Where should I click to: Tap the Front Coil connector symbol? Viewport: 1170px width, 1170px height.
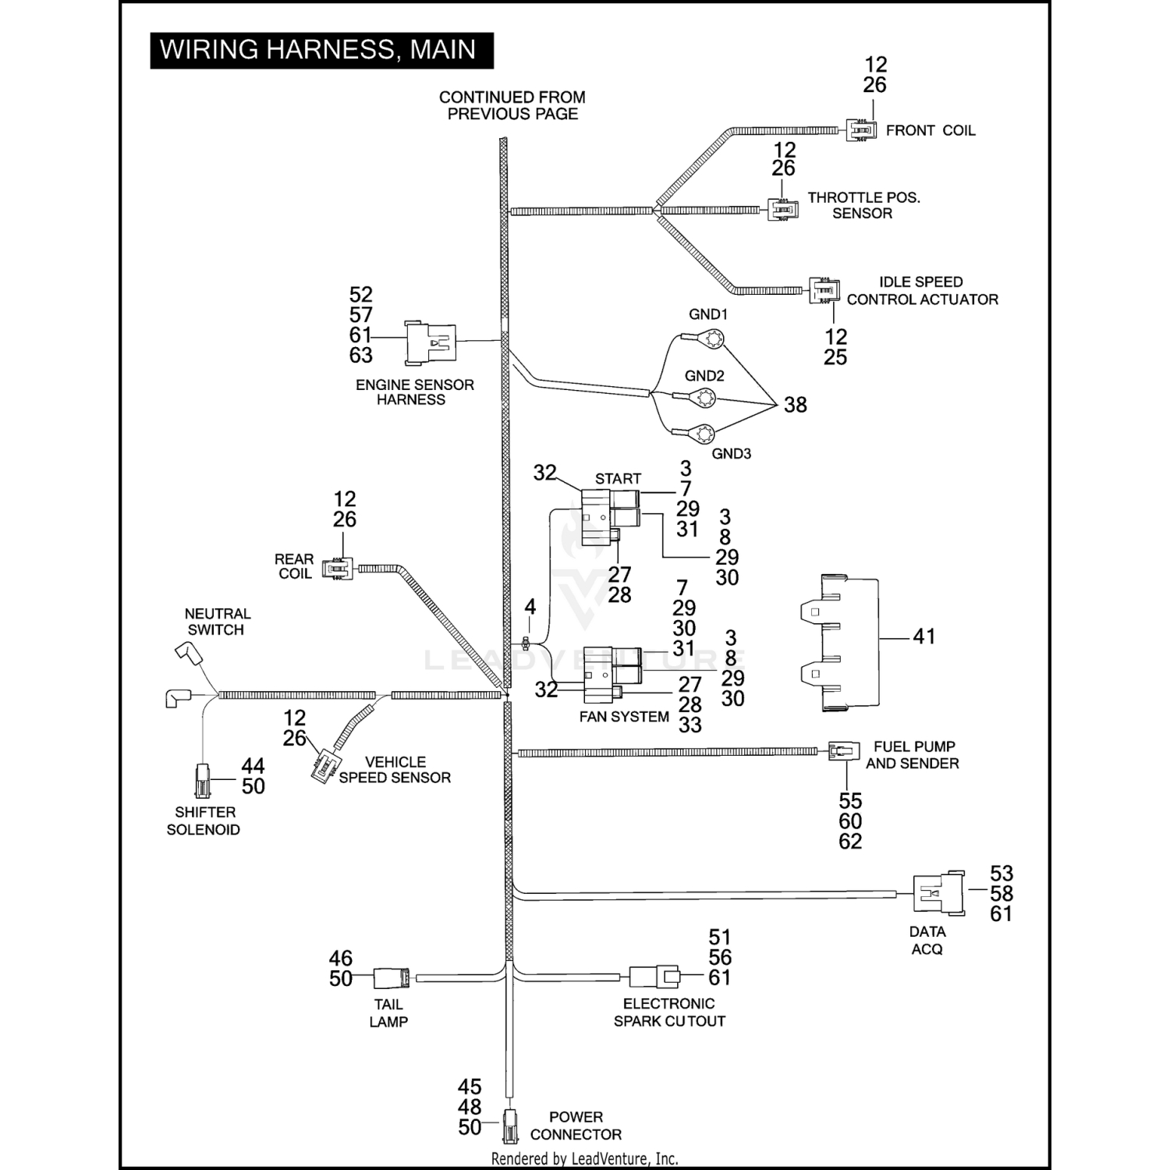[x=861, y=129]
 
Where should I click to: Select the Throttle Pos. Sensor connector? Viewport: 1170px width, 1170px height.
[x=782, y=210]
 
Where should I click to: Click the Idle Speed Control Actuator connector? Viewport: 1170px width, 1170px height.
[x=824, y=290]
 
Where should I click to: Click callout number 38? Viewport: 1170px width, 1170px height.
[x=795, y=405]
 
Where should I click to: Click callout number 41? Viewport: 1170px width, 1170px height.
[x=924, y=636]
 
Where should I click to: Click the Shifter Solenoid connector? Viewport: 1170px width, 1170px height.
[x=203, y=778]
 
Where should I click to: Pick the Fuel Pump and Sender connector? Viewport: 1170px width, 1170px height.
[x=843, y=752]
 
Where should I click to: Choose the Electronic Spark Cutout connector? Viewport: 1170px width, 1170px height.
[x=654, y=976]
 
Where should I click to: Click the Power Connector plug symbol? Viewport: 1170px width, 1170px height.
[x=509, y=1124]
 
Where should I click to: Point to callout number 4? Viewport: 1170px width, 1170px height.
[x=530, y=607]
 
